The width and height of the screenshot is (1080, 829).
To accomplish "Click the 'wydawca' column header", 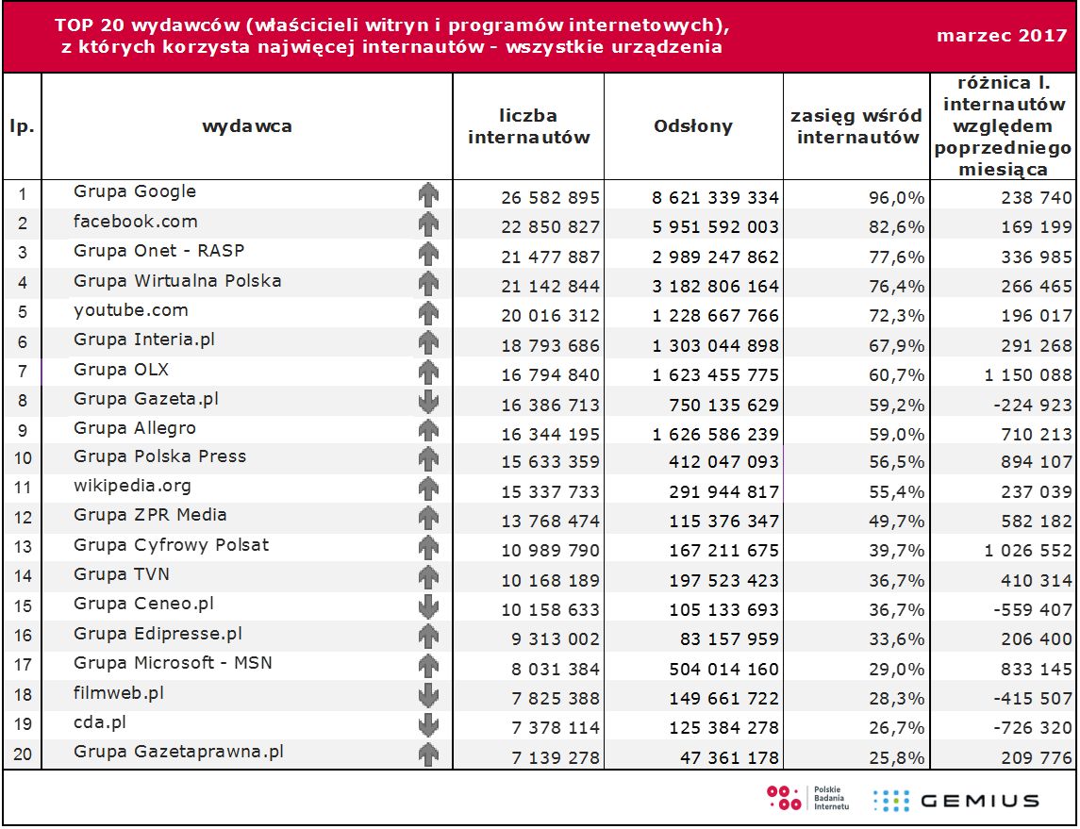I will pos(247,126).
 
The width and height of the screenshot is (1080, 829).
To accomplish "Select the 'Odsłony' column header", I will pos(693,126).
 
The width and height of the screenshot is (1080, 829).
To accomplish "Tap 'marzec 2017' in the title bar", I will pos(1002,36).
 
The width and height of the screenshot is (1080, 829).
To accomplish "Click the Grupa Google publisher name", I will pos(135,191).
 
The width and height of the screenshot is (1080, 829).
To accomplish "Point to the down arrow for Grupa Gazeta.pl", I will pos(429,401).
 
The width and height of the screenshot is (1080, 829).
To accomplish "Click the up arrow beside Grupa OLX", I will pos(429,371).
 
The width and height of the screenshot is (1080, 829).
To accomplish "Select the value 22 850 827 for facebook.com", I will pos(551,227).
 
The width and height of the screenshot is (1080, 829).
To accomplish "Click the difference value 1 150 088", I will pos(1028,375).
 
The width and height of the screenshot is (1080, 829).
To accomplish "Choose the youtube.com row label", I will pos(131,310).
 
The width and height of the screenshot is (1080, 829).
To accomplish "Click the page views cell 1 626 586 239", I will pos(716,435).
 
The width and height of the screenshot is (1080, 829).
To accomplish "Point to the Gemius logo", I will pos(958,801).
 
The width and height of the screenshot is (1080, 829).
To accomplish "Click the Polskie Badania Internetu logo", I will pos(807,799).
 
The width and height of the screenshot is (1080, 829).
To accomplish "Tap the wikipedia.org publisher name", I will pos(132,486).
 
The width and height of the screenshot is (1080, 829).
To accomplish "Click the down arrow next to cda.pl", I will pos(429,725).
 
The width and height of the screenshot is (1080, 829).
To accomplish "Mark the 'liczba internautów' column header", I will pos(529,126).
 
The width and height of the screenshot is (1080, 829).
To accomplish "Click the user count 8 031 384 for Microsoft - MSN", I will pos(551,669).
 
